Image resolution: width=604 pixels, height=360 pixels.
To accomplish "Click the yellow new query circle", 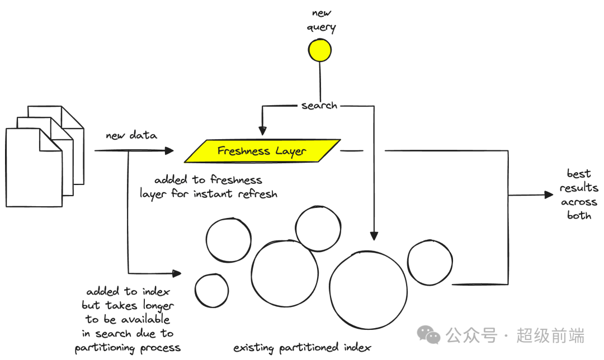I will [320, 50].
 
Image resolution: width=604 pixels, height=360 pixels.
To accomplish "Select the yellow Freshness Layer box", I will [262, 151].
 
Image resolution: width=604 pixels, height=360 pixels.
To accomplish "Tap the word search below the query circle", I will [319, 105].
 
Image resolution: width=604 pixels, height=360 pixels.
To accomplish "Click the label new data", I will [131, 135].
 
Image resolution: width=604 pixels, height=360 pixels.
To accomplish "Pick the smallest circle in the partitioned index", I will [211, 291].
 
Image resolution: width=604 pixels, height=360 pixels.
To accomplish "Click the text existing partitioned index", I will [302, 348].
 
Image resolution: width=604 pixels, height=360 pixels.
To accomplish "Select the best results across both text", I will [579, 195].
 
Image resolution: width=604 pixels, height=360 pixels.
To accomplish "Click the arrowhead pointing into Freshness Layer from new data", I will [170, 151].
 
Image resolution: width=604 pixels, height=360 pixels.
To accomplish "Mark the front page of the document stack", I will [34, 168].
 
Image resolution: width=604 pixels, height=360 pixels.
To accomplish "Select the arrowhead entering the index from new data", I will [177, 273].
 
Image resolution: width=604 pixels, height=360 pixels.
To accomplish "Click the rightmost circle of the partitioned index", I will [430, 263].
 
